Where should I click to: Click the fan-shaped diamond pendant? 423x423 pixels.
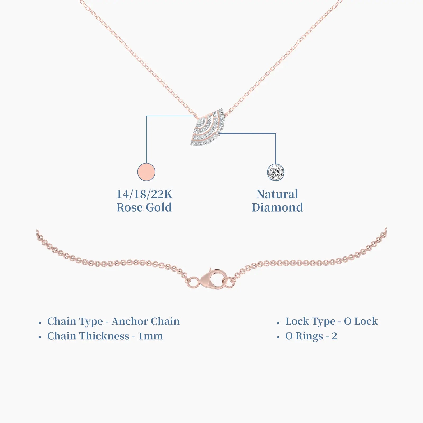click(x=208, y=127)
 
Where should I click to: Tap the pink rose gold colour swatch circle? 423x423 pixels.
click(x=146, y=172)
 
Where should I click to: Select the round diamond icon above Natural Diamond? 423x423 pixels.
click(x=275, y=172)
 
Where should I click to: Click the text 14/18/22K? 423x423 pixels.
click(x=144, y=194)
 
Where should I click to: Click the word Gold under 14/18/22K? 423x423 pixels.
click(x=159, y=207)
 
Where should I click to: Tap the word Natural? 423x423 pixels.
click(x=277, y=194)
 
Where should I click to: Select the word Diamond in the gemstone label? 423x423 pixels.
click(x=277, y=207)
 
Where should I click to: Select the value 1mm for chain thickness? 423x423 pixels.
click(x=150, y=336)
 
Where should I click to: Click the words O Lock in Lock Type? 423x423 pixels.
click(x=361, y=321)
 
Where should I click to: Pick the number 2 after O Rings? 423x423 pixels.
click(x=334, y=336)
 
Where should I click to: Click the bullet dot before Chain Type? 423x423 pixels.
click(x=40, y=323)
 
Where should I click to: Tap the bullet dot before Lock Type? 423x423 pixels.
click(x=278, y=323)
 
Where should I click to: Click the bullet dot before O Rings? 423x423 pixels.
click(x=278, y=337)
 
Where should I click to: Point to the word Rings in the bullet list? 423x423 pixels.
click(x=309, y=336)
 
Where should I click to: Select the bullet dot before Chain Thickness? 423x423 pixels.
click(x=40, y=337)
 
